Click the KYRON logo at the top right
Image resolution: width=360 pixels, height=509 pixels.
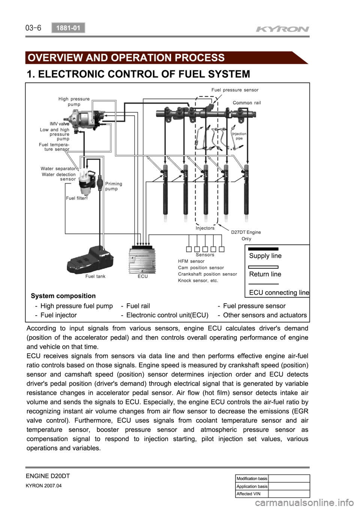pos(282,29)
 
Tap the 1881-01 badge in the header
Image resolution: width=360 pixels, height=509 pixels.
pos(68,28)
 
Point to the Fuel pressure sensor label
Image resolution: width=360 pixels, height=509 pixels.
pos(235,90)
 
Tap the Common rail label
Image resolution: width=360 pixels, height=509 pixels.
pos(247,103)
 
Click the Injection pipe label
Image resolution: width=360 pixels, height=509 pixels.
pos(239,136)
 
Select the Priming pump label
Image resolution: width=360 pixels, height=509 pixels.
pos(114,186)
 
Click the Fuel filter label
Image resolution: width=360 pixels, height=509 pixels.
pos(76,198)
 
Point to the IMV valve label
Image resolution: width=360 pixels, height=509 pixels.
pos(59,123)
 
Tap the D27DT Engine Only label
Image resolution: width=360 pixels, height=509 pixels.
pos(246,235)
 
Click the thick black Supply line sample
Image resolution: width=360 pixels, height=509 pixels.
pos(263,249)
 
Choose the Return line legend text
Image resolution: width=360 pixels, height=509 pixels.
pos(265,274)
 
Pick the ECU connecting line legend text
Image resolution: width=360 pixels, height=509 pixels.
pos(279,293)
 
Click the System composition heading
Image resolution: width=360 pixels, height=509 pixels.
pos(63,296)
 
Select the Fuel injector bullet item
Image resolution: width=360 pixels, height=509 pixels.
pos(58,315)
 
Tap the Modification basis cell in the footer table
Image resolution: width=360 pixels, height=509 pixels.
pos(252,479)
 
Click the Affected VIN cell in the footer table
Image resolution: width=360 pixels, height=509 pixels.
pos(248,494)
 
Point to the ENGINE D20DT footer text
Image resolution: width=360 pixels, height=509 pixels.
pos(48,476)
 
